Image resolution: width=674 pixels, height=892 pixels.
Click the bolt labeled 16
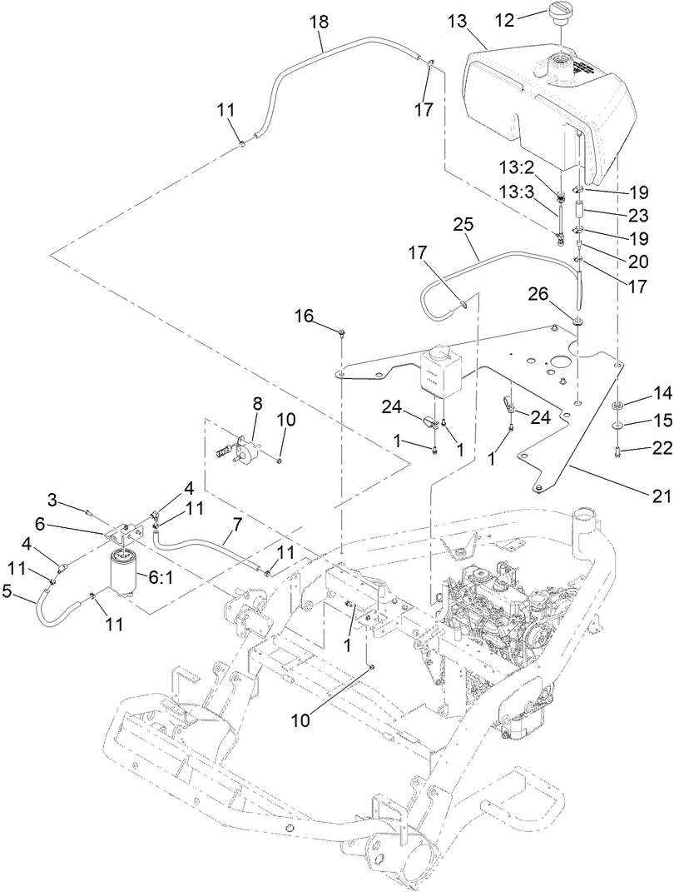pos(343,334)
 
